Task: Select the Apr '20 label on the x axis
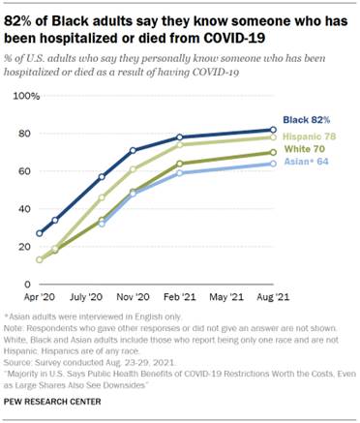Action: point(40,298)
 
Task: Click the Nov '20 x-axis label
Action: point(133,298)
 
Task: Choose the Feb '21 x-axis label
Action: point(179,298)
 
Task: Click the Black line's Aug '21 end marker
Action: point(274,130)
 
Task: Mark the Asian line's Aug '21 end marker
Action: point(274,164)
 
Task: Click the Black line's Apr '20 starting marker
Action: point(40,233)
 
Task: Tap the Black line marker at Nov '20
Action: point(133,151)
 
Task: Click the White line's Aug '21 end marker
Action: point(274,152)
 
